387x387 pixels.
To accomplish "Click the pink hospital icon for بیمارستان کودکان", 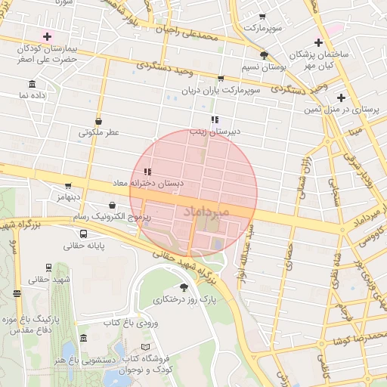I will point(48,36).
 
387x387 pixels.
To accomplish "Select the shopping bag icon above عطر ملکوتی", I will point(99,121).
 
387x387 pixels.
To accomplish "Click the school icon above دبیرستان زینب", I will point(215,119).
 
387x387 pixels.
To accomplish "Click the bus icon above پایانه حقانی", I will point(83,234).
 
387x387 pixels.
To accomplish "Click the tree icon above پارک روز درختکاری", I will point(184,287).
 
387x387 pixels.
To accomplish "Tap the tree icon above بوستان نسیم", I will point(263,55).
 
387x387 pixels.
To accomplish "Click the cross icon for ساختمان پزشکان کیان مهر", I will point(318,42).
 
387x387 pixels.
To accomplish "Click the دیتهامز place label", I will point(67,197).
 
